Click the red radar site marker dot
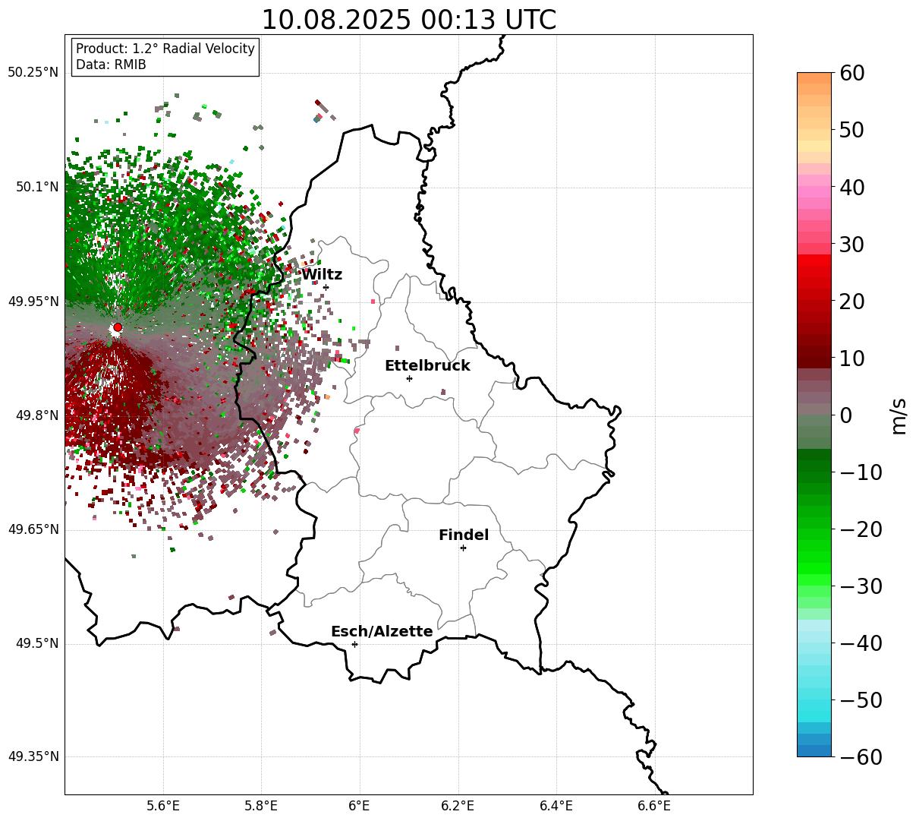click(x=117, y=327)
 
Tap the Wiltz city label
click(x=322, y=275)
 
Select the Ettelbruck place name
click(x=427, y=366)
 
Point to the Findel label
click(x=464, y=535)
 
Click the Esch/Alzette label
click(x=382, y=632)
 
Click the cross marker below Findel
click(x=463, y=548)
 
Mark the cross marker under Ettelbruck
click(x=409, y=378)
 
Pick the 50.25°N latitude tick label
click(x=33, y=73)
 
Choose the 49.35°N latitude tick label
click(x=33, y=757)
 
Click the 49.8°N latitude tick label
click(x=36, y=416)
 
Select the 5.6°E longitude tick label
click(x=163, y=806)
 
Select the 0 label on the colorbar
click(x=845, y=415)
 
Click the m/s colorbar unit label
click(x=899, y=416)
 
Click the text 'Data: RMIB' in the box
click(x=111, y=65)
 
